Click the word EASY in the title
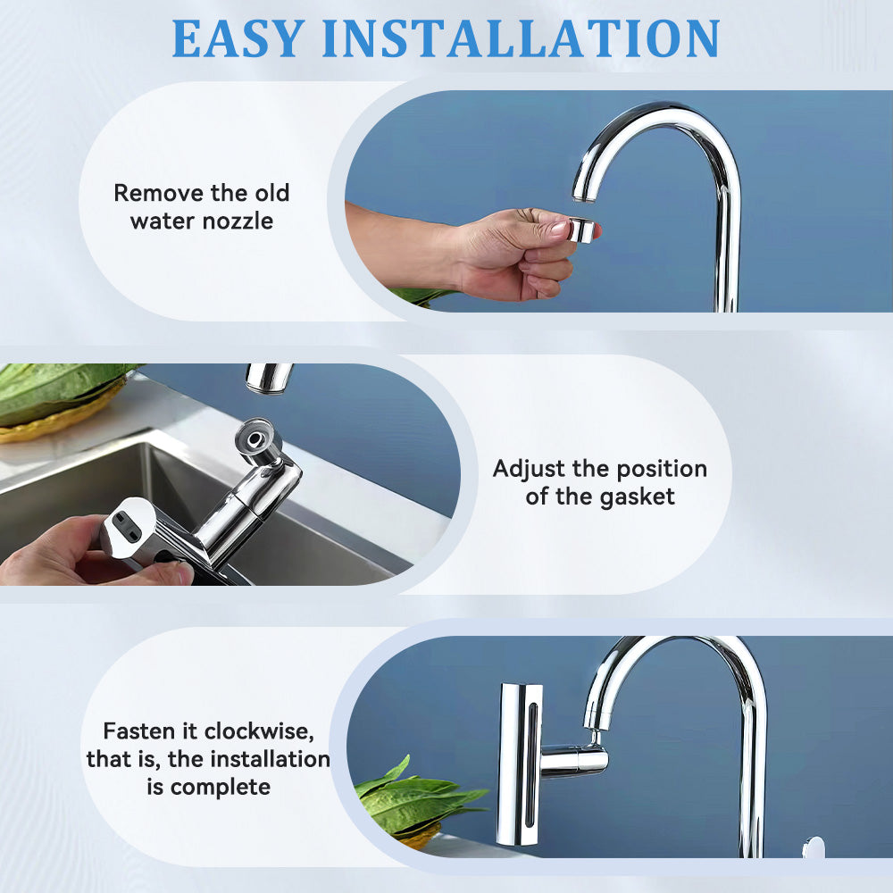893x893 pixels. click(x=238, y=38)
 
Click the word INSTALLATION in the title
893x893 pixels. click(x=522, y=38)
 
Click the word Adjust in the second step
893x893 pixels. click(x=529, y=470)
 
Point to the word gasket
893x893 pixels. click(x=637, y=497)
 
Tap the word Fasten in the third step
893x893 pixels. click(x=138, y=730)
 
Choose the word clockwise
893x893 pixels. click(x=259, y=731)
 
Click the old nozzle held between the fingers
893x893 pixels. click(x=582, y=230)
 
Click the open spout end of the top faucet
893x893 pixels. click(x=583, y=197)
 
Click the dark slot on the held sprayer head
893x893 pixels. click(x=127, y=527)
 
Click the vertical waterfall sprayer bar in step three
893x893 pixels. click(x=520, y=764)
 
